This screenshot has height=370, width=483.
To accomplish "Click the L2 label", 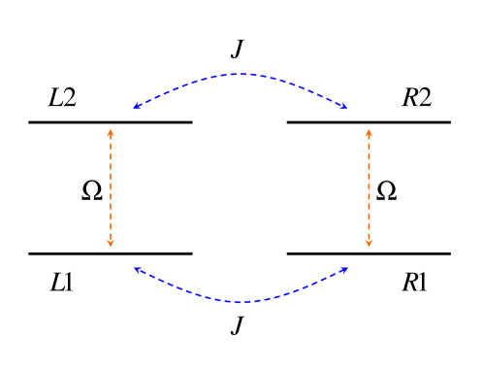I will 62,98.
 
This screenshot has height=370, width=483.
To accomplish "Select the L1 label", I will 62,283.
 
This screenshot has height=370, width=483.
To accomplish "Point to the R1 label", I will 417,283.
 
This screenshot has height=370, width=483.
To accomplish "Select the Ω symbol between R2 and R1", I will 386,190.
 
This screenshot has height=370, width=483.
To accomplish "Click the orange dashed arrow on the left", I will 111,204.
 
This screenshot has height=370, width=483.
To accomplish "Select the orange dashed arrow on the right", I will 369,204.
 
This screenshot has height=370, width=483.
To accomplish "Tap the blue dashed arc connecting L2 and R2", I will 241,74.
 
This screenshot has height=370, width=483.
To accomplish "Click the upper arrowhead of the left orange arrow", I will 111,130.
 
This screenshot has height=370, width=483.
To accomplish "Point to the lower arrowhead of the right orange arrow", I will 369,246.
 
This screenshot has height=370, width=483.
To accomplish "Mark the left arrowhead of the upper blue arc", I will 137,107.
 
